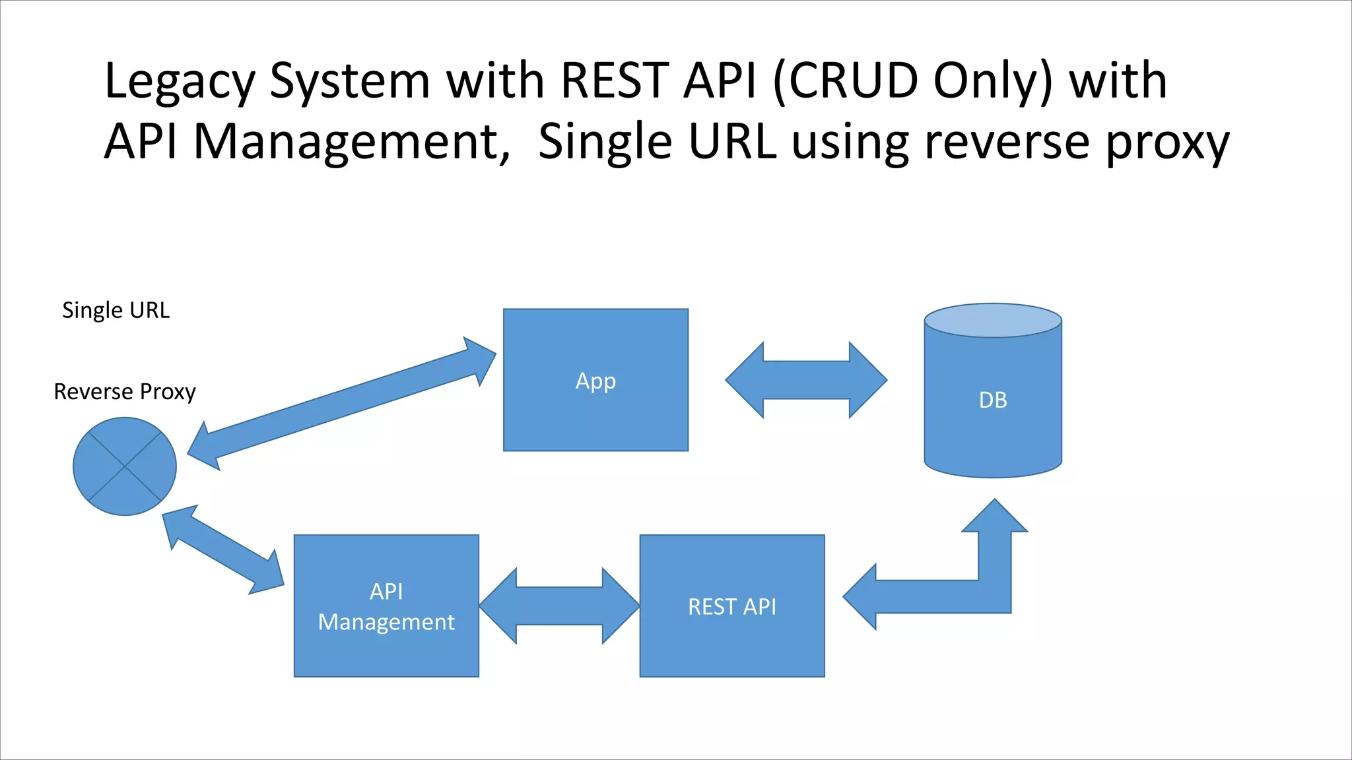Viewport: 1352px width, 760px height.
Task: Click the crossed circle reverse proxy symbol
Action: click(x=124, y=466)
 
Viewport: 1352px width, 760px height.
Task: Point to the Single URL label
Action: click(x=116, y=310)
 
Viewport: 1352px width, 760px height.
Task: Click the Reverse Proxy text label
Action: click(x=124, y=392)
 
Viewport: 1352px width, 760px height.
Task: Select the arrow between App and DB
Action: click(x=806, y=380)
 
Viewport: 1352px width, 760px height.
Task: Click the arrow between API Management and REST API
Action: click(x=559, y=606)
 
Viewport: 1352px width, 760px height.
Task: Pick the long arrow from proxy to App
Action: click(x=341, y=404)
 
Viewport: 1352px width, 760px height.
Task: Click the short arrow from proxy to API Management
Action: click(x=223, y=550)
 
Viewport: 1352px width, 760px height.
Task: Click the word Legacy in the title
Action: click(x=180, y=82)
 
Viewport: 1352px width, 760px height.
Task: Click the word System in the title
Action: click(x=350, y=82)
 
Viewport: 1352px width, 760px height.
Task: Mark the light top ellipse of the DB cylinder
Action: click(x=992, y=321)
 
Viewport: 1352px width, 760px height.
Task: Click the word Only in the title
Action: click(x=992, y=82)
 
